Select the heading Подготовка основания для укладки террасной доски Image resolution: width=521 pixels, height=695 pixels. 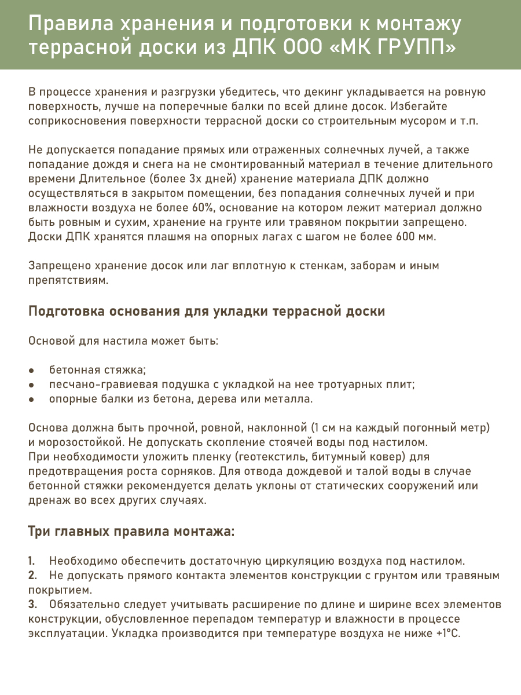(207, 311)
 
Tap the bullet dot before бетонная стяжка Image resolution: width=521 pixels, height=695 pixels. (31, 370)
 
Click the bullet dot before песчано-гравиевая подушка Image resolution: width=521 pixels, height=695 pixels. (31, 385)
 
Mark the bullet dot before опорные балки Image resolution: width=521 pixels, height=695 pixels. (31, 399)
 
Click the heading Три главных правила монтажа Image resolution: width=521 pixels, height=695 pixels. (131, 531)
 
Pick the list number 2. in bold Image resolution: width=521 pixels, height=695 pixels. (32, 576)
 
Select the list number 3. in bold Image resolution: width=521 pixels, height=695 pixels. (32, 605)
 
